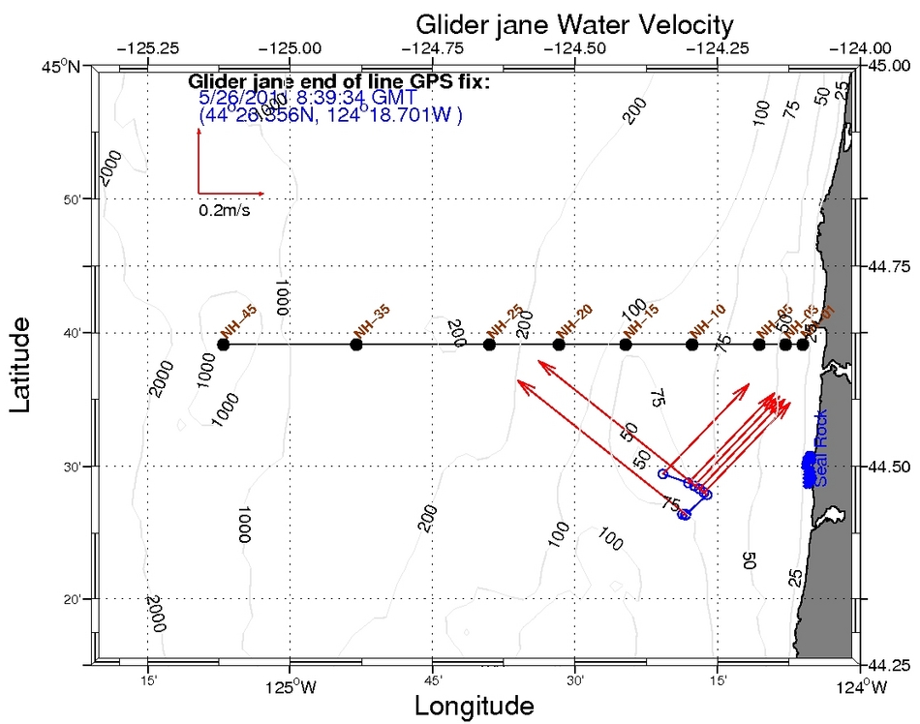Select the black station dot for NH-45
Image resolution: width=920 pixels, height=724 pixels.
[x=224, y=345]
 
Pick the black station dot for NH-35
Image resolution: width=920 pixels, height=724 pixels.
[x=356, y=345]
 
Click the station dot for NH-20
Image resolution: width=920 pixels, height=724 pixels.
[x=559, y=345]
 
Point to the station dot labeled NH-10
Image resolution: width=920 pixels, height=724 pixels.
[x=691, y=345]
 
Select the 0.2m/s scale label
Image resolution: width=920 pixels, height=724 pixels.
[x=224, y=209]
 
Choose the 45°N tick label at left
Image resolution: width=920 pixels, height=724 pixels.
[x=67, y=66]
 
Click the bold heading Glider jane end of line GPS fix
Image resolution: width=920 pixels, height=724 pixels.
[x=340, y=82]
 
